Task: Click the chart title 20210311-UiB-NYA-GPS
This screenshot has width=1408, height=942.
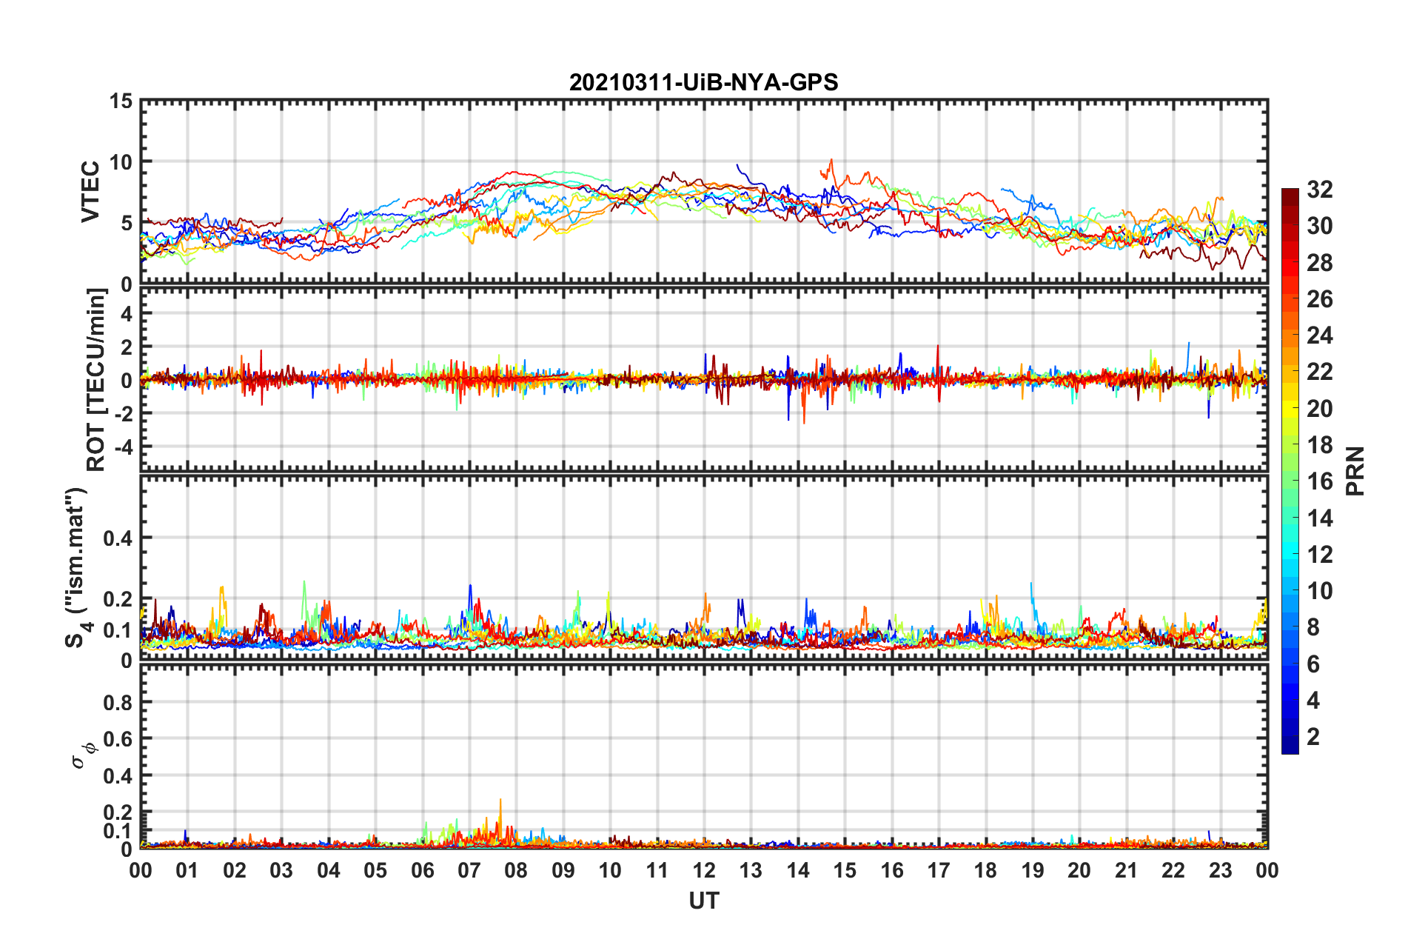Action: [x=703, y=82]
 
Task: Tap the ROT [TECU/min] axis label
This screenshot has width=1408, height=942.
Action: [x=96, y=380]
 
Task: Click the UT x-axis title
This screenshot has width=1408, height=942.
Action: [x=703, y=901]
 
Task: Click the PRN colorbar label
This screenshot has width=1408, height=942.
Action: [x=1355, y=471]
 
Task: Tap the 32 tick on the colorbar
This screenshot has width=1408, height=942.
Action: [x=1319, y=190]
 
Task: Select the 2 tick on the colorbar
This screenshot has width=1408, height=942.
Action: [x=1313, y=736]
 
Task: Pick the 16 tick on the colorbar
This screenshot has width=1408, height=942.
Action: [x=1319, y=481]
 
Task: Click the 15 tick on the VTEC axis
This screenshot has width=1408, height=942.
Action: [x=121, y=101]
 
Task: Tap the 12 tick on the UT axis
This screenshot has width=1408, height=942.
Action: [x=704, y=870]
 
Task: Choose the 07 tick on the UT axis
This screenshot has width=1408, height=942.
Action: [x=469, y=870]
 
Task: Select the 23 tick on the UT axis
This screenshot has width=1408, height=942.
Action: [x=1220, y=870]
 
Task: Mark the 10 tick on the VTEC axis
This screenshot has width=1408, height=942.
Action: [x=121, y=162]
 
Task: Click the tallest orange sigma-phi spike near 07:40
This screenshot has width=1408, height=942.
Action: [x=500, y=801]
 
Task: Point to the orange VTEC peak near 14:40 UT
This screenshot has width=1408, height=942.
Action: [x=831, y=160]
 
